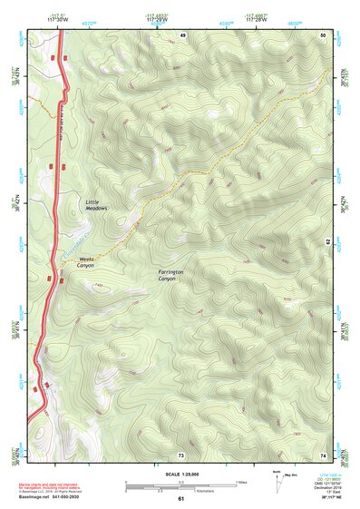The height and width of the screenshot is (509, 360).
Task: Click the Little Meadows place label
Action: (x=96, y=204)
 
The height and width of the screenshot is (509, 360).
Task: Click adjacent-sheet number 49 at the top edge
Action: (x=182, y=34)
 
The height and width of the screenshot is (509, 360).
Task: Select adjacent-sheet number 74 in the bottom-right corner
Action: (x=322, y=454)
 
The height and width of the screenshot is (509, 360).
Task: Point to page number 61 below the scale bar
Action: (x=180, y=499)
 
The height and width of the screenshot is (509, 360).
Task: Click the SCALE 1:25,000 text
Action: (x=180, y=475)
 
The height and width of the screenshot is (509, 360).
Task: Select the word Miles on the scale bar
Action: (x=240, y=481)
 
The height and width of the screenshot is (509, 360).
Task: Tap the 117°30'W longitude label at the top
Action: (x=59, y=18)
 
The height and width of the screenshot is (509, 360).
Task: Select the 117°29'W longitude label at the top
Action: (x=159, y=18)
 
